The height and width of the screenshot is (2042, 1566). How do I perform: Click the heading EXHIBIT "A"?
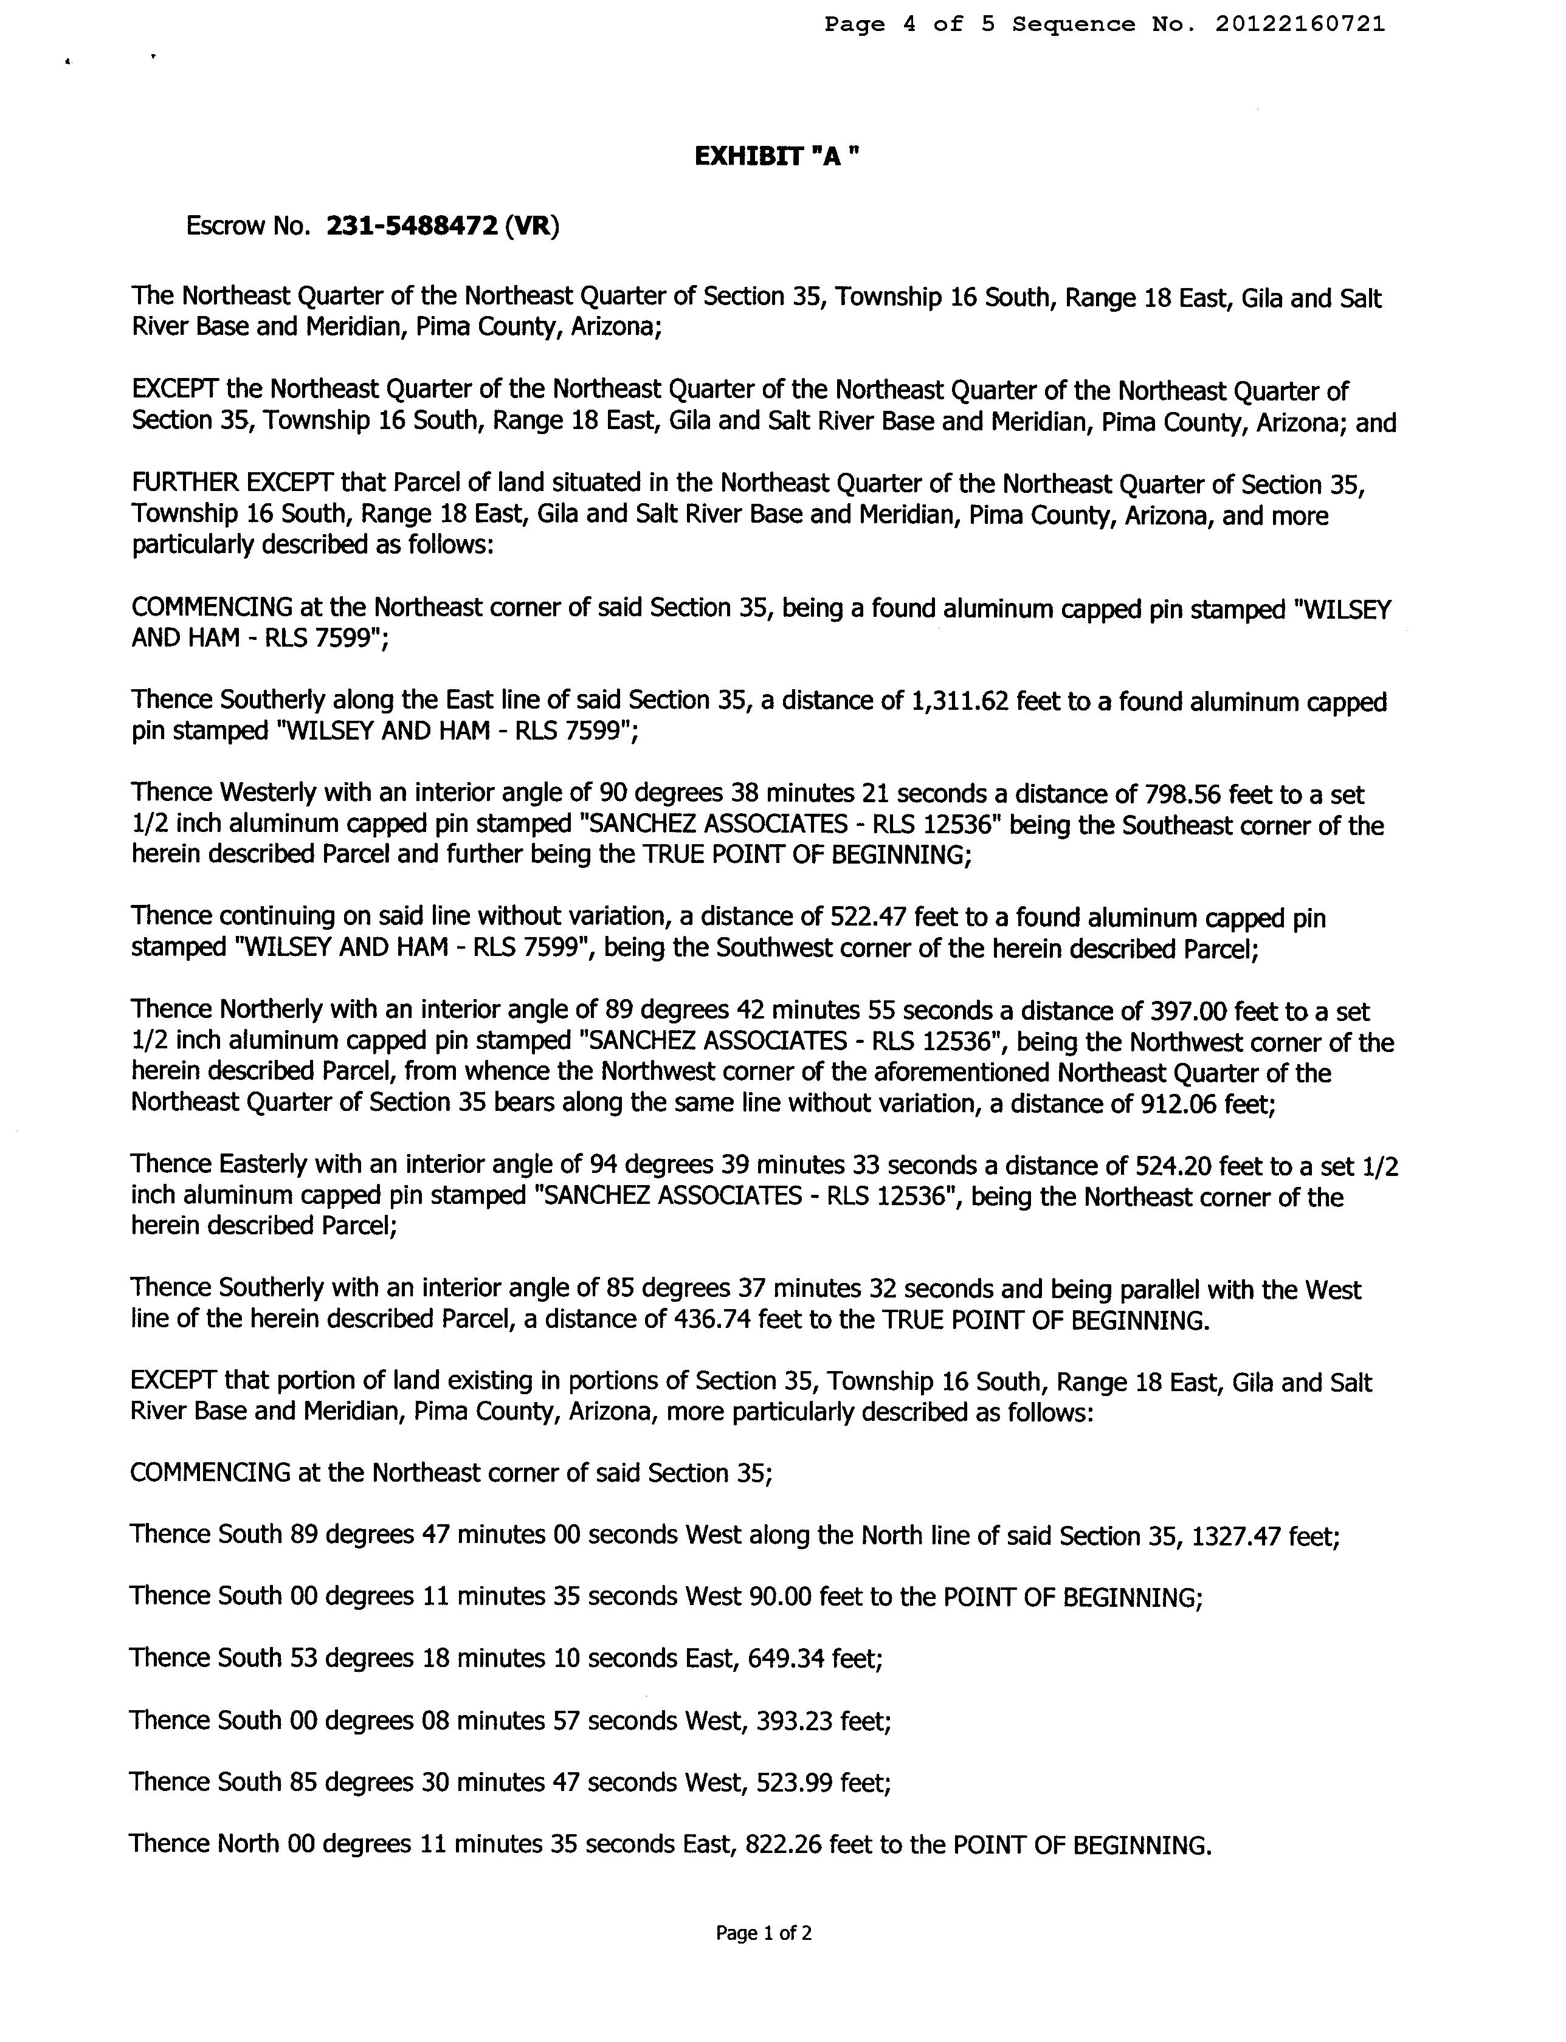click(776, 157)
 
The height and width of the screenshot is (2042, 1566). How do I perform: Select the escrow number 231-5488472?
click(411, 227)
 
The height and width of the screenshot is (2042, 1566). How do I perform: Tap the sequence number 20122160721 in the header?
click(1300, 24)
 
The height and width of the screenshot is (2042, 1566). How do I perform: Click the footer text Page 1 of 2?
click(764, 1933)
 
